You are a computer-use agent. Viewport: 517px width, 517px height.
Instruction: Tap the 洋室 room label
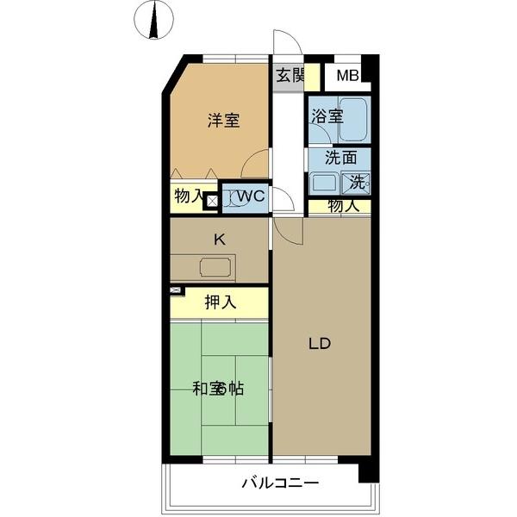pos(222,121)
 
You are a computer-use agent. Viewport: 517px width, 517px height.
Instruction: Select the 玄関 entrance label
pos(290,75)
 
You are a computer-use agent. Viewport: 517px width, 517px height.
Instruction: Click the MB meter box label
pos(347,76)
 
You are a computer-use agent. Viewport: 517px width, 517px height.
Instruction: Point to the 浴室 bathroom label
pos(327,115)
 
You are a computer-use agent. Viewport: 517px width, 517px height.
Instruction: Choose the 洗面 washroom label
pos(340,158)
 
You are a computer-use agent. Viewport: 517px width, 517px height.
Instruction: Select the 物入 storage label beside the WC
pos(189,196)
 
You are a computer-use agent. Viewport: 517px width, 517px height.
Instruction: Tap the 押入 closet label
pos(220,302)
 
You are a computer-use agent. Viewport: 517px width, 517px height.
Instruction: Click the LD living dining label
pos(320,343)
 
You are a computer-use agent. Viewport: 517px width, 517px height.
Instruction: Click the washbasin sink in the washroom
pos(325,182)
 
